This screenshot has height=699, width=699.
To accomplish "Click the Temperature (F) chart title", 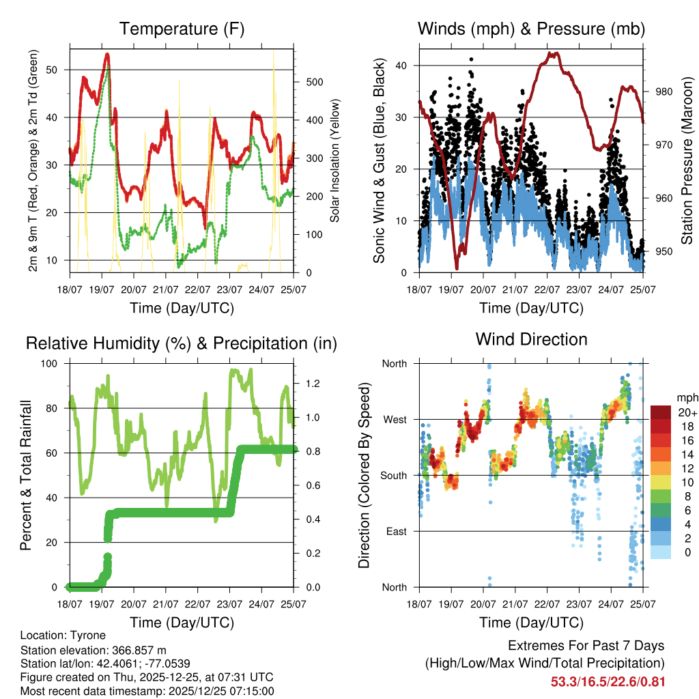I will tap(182, 29).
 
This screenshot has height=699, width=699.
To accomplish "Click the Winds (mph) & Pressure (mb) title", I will tap(531, 29).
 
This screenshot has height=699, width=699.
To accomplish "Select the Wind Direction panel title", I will tap(531, 339).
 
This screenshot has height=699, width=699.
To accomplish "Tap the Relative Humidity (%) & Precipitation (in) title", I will tap(182, 343).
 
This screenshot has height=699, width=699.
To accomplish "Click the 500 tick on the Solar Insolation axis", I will tap(313, 82).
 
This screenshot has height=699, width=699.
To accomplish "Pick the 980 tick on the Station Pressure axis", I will tap(664, 92).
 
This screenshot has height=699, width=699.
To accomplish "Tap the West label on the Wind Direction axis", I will tap(394, 419).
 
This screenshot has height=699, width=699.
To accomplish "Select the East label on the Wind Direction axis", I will tap(395, 531).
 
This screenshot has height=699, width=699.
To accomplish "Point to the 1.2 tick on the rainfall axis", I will tap(313, 384).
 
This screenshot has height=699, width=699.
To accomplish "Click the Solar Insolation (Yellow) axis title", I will tap(335, 161).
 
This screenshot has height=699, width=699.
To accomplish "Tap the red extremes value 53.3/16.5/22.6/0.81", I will tap(608, 681).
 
